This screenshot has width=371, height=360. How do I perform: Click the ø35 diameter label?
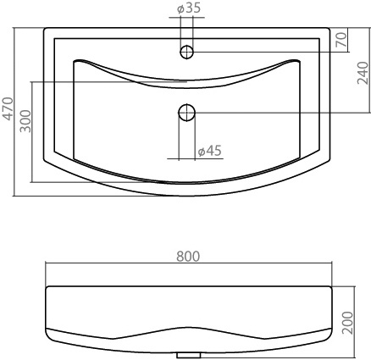click(189, 8)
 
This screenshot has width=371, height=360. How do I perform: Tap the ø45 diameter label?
click(209, 151)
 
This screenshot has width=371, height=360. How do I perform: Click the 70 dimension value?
click(341, 40)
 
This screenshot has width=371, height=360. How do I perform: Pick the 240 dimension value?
click(363, 73)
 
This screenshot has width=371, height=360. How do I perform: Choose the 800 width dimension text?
click(188, 257)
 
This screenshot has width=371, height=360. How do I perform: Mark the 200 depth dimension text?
click(347, 323)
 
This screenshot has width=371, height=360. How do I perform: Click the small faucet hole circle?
click(186, 52)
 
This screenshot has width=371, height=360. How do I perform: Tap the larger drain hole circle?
click(186, 113)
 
